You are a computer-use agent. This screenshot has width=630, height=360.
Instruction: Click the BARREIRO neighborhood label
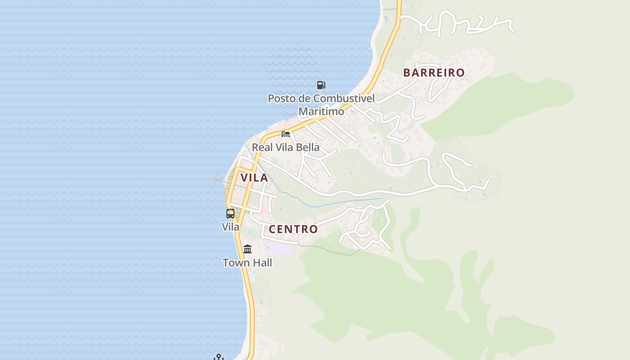coord(434,72)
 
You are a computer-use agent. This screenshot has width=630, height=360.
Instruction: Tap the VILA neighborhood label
coord(254,177)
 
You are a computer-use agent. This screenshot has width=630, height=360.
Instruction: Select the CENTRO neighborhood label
coord(293,229)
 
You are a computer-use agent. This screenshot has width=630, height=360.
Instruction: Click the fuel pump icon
coord(321,85)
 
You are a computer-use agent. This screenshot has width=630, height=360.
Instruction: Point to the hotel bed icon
coord(286,134)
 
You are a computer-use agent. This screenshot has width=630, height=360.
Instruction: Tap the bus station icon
coord(230,214)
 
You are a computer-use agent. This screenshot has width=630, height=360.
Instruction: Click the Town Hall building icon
coord(247,249)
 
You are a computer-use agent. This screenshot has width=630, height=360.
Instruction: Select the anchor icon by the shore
coord(219,357)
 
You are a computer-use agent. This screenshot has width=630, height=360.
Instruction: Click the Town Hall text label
coord(247,262)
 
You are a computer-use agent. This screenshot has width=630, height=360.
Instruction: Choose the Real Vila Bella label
coord(286,147)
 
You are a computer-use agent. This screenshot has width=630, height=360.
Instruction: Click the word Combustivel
coord(344,98)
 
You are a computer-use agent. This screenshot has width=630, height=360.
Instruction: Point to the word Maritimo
coord(321,111)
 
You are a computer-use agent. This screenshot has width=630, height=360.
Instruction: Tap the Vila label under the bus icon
coord(230,227)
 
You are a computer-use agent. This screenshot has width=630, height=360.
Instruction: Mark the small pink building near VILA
coord(264,209)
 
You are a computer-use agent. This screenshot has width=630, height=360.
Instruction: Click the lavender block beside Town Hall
coord(278,247)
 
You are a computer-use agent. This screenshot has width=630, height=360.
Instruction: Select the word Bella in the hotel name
coord(307,147)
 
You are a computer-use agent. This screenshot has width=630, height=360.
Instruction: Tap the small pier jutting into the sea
coord(220,180)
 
